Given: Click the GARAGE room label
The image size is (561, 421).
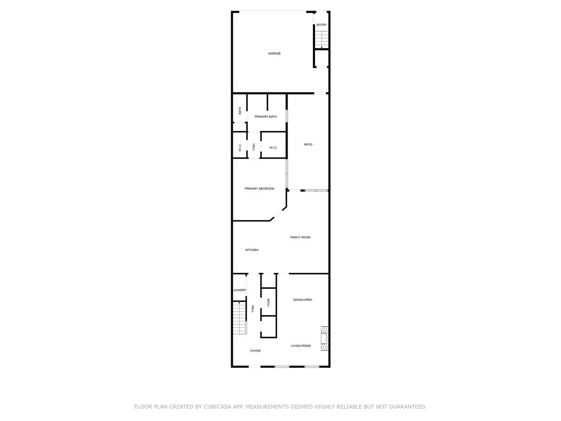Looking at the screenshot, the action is pyautogui.click(x=274, y=53).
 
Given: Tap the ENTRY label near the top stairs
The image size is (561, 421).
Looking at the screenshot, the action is pyautogui.click(x=322, y=25).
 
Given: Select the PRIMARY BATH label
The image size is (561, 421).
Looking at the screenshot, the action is pyautogui.click(x=266, y=117).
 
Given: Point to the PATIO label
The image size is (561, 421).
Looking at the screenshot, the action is pyautogui.click(x=308, y=145).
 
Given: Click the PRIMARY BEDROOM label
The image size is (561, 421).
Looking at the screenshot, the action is pyautogui.click(x=259, y=189).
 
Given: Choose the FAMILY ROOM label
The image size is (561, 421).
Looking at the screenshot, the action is pyautogui.click(x=300, y=237).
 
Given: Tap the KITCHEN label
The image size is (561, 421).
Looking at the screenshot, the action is pyautogui.click(x=252, y=250).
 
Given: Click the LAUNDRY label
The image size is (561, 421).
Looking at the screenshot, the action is pyautogui.click(x=239, y=290).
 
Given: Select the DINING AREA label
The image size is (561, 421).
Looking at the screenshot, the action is pyautogui.click(x=302, y=300).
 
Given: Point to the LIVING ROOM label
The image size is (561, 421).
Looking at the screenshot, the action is pyautogui.click(x=301, y=346).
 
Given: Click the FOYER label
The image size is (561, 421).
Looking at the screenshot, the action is pyautogui.click(x=255, y=351).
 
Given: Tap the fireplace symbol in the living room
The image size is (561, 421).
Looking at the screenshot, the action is pyautogui.click(x=324, y=338).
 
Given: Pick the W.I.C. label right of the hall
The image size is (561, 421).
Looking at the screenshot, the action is pyautogui.click(x=273, y=147).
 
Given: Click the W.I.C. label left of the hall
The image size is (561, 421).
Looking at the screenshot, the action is pyautogui.click(x=240, y=147).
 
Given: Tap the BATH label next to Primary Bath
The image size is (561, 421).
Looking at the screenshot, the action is pyautogui.click(x=240, y=111).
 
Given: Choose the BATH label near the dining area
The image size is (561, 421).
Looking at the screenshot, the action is pyautogui.click(x=268, y=303).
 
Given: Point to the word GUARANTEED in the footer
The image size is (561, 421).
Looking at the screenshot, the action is pyautogui.click(x=408, y=407).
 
